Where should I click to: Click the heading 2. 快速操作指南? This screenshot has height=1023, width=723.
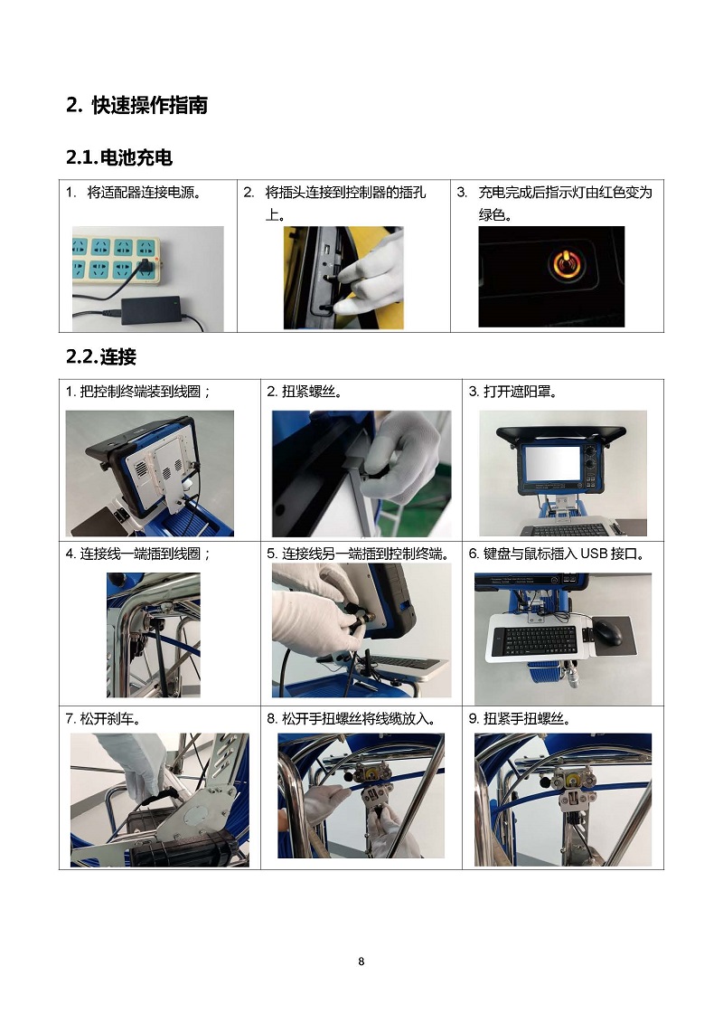pyautogui.click(x=136, y=105)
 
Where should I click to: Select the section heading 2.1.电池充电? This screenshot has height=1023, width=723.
pyautogui.click(x=119, y=157)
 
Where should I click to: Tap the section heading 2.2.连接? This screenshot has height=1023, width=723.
pyautogui.click(x=101, y=357)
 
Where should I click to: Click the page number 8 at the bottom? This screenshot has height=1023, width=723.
pyautogui.click(x=361, y=961)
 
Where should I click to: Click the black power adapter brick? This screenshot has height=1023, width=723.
pyautogui.click(x=152, y=308)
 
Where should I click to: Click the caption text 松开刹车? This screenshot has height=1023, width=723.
pyautogui.click(x=110, y=718)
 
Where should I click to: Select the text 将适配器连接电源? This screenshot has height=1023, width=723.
pyautogui.click(x=145, y=193)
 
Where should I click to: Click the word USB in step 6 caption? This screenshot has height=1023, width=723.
pyautogui.click(x=594, y=554)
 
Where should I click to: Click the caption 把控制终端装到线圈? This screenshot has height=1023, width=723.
pyautogui.click(x=140, y=392)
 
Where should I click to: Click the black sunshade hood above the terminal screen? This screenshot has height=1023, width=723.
pyautogui.click(x=561, y=433)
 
